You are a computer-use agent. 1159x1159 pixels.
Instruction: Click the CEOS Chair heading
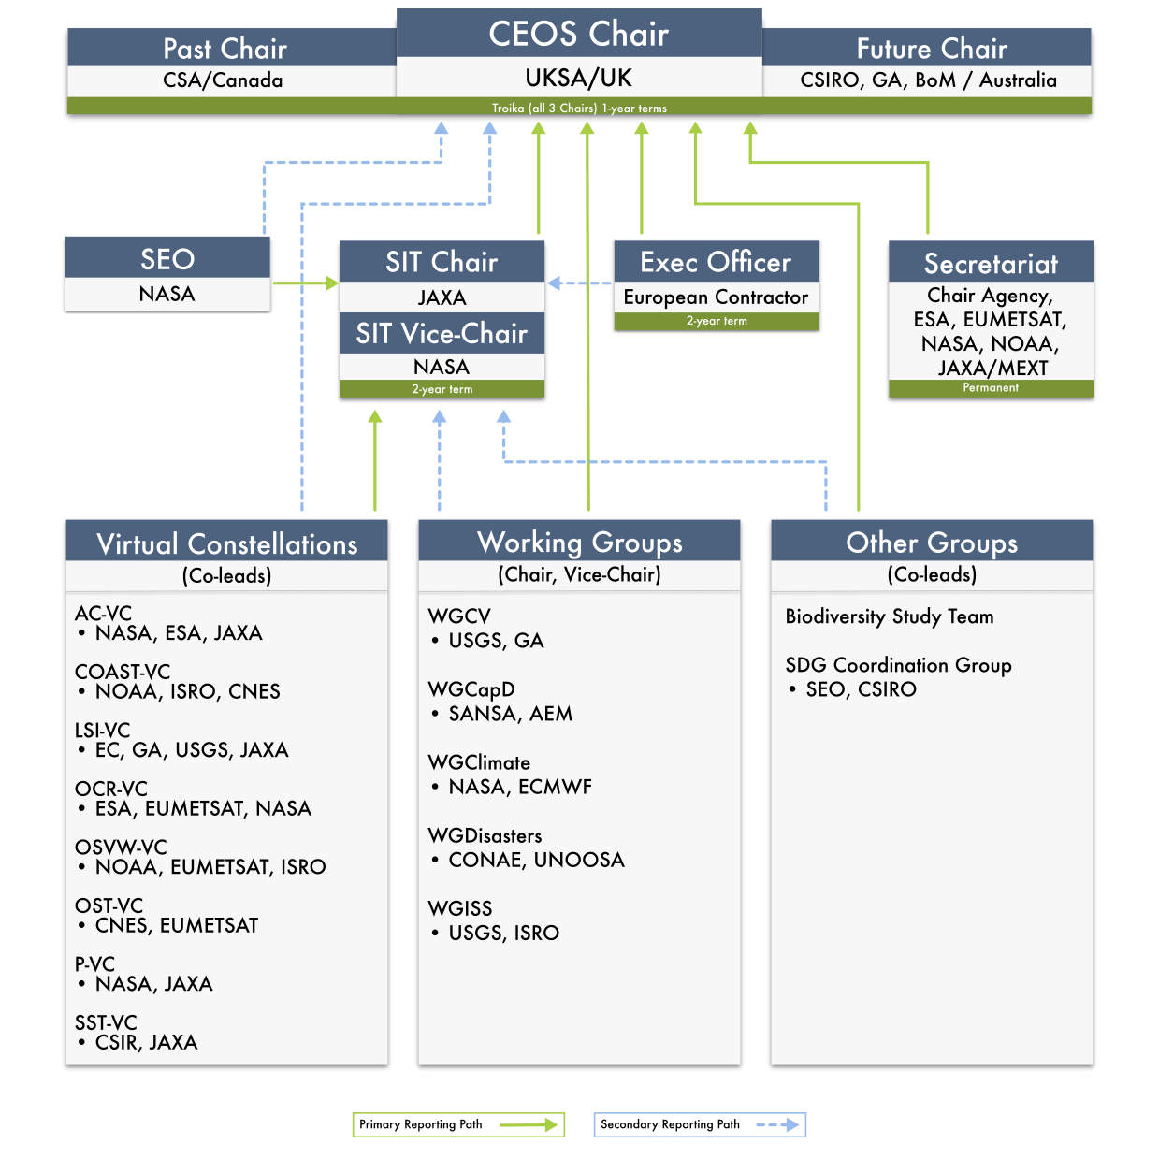click(578, 34)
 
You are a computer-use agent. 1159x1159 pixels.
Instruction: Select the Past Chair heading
click(225, 49)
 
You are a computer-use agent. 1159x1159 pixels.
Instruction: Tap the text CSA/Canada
click(223, 80)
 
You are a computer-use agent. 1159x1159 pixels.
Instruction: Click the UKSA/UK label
click(578, 78)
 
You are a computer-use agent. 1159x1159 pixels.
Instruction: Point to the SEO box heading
click(167, 259)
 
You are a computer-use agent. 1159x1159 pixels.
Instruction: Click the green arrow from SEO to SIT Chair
click(306, 283)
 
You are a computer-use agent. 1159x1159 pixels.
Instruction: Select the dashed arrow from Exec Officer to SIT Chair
click(579, 283)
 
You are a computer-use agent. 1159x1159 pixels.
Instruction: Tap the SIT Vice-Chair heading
click(442, 333)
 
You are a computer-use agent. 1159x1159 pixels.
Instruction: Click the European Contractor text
click(716, 297)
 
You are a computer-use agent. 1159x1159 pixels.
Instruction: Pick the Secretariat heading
click(990, 264)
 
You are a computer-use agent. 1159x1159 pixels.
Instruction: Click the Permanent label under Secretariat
click(990, 387)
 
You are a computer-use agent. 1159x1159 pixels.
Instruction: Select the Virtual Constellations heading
click(226, 543)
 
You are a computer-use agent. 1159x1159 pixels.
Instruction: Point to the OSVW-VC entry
click(121, 847)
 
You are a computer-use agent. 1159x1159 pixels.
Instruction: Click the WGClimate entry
click(479, 762)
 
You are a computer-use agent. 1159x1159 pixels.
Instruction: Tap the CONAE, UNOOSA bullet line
click(528, 860)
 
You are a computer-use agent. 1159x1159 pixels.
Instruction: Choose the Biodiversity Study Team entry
click(889, 616)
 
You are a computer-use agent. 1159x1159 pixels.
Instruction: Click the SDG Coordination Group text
click(898, 664)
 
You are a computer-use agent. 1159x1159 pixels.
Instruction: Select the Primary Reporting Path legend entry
click(458, 1124)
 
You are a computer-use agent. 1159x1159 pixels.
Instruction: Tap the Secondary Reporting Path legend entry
click(700, 1124)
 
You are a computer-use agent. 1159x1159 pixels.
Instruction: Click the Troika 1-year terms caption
click(579, 109)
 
